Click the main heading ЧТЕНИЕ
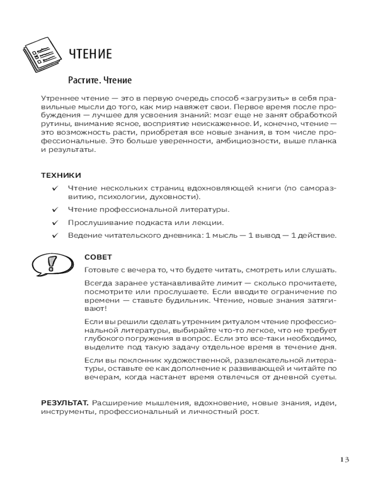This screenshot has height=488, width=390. (x=90, y=54)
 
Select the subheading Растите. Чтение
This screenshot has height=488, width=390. (x=100, y=80)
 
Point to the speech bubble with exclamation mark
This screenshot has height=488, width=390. (x=50, y=265)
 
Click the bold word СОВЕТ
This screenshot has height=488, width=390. (x=98, y=257)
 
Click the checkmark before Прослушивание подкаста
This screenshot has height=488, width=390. (x=55, y=223)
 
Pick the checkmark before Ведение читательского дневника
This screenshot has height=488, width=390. (x=55, y=236)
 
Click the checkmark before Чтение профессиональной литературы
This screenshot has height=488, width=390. (x=55, y=210)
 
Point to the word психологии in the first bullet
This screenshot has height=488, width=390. (x=119, y=197)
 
